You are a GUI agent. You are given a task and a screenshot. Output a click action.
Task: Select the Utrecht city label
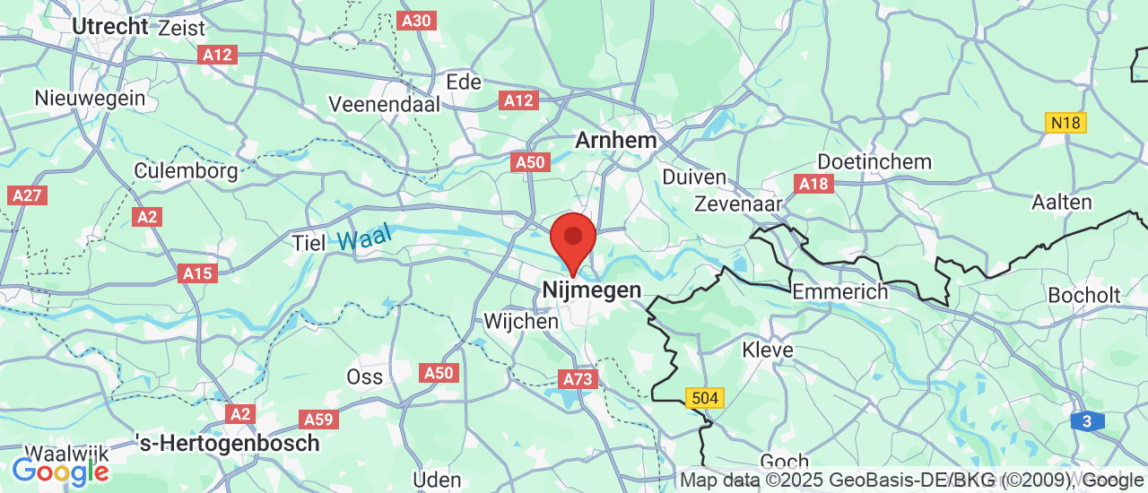109,27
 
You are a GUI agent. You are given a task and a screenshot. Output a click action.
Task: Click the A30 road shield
417,21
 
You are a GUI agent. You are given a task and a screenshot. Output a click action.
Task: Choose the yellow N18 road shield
1065,123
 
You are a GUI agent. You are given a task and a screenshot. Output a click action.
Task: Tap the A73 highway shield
578,379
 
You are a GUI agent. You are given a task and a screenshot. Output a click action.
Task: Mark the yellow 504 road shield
703,397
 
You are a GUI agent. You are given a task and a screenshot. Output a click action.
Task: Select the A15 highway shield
197,272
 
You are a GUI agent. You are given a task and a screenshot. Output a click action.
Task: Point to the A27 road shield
27,195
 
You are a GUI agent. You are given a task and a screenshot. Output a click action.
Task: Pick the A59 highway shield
318,419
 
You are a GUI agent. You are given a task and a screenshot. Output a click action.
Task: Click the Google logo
60,470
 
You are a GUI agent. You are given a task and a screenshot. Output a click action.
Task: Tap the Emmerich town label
839,291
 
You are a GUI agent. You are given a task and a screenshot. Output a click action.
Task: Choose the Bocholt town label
1083,295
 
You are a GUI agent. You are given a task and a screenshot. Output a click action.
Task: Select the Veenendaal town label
384,104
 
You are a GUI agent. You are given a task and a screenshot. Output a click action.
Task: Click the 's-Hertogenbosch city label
228,443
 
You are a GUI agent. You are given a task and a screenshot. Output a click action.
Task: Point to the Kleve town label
768,350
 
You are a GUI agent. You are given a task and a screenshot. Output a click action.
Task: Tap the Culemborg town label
186,170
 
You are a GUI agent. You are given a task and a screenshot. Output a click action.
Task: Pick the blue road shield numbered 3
1087,421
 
